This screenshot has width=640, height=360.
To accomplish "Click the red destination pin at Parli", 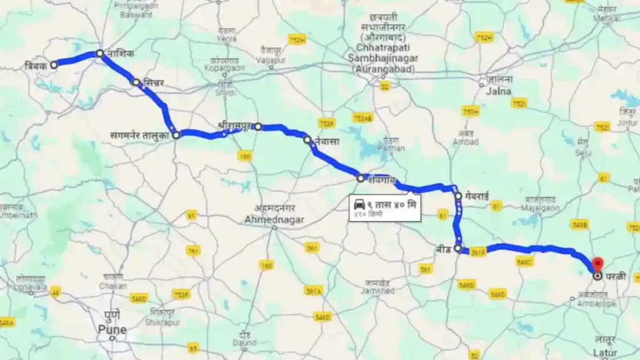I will click(x=597, y=264).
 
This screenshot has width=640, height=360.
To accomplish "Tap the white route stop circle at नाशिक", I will click(x=99, y=54).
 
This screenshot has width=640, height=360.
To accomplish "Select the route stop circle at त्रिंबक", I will click(x=54, y=64).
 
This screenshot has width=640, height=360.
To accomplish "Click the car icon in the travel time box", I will click(x=359, y=204).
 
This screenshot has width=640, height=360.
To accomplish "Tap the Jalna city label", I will click(x=497, y=91).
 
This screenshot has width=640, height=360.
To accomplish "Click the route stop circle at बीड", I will click(x=459, y=249).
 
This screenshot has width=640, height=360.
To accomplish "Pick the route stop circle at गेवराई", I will click(x=459, y=196).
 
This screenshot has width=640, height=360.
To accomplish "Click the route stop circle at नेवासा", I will click(x=307, y=140).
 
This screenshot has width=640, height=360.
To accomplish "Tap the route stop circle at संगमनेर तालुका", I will click(x=176, y=134).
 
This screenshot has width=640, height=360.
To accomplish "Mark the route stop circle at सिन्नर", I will click(x=136, y=82).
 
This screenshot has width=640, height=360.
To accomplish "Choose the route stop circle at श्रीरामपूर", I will click(x=257, y=126).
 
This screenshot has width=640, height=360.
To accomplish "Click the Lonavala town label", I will click(x=31, y=287).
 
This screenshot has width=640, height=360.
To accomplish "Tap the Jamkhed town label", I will click(x=377, y=291).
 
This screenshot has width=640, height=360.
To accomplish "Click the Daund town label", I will click(x=244, y=342).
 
